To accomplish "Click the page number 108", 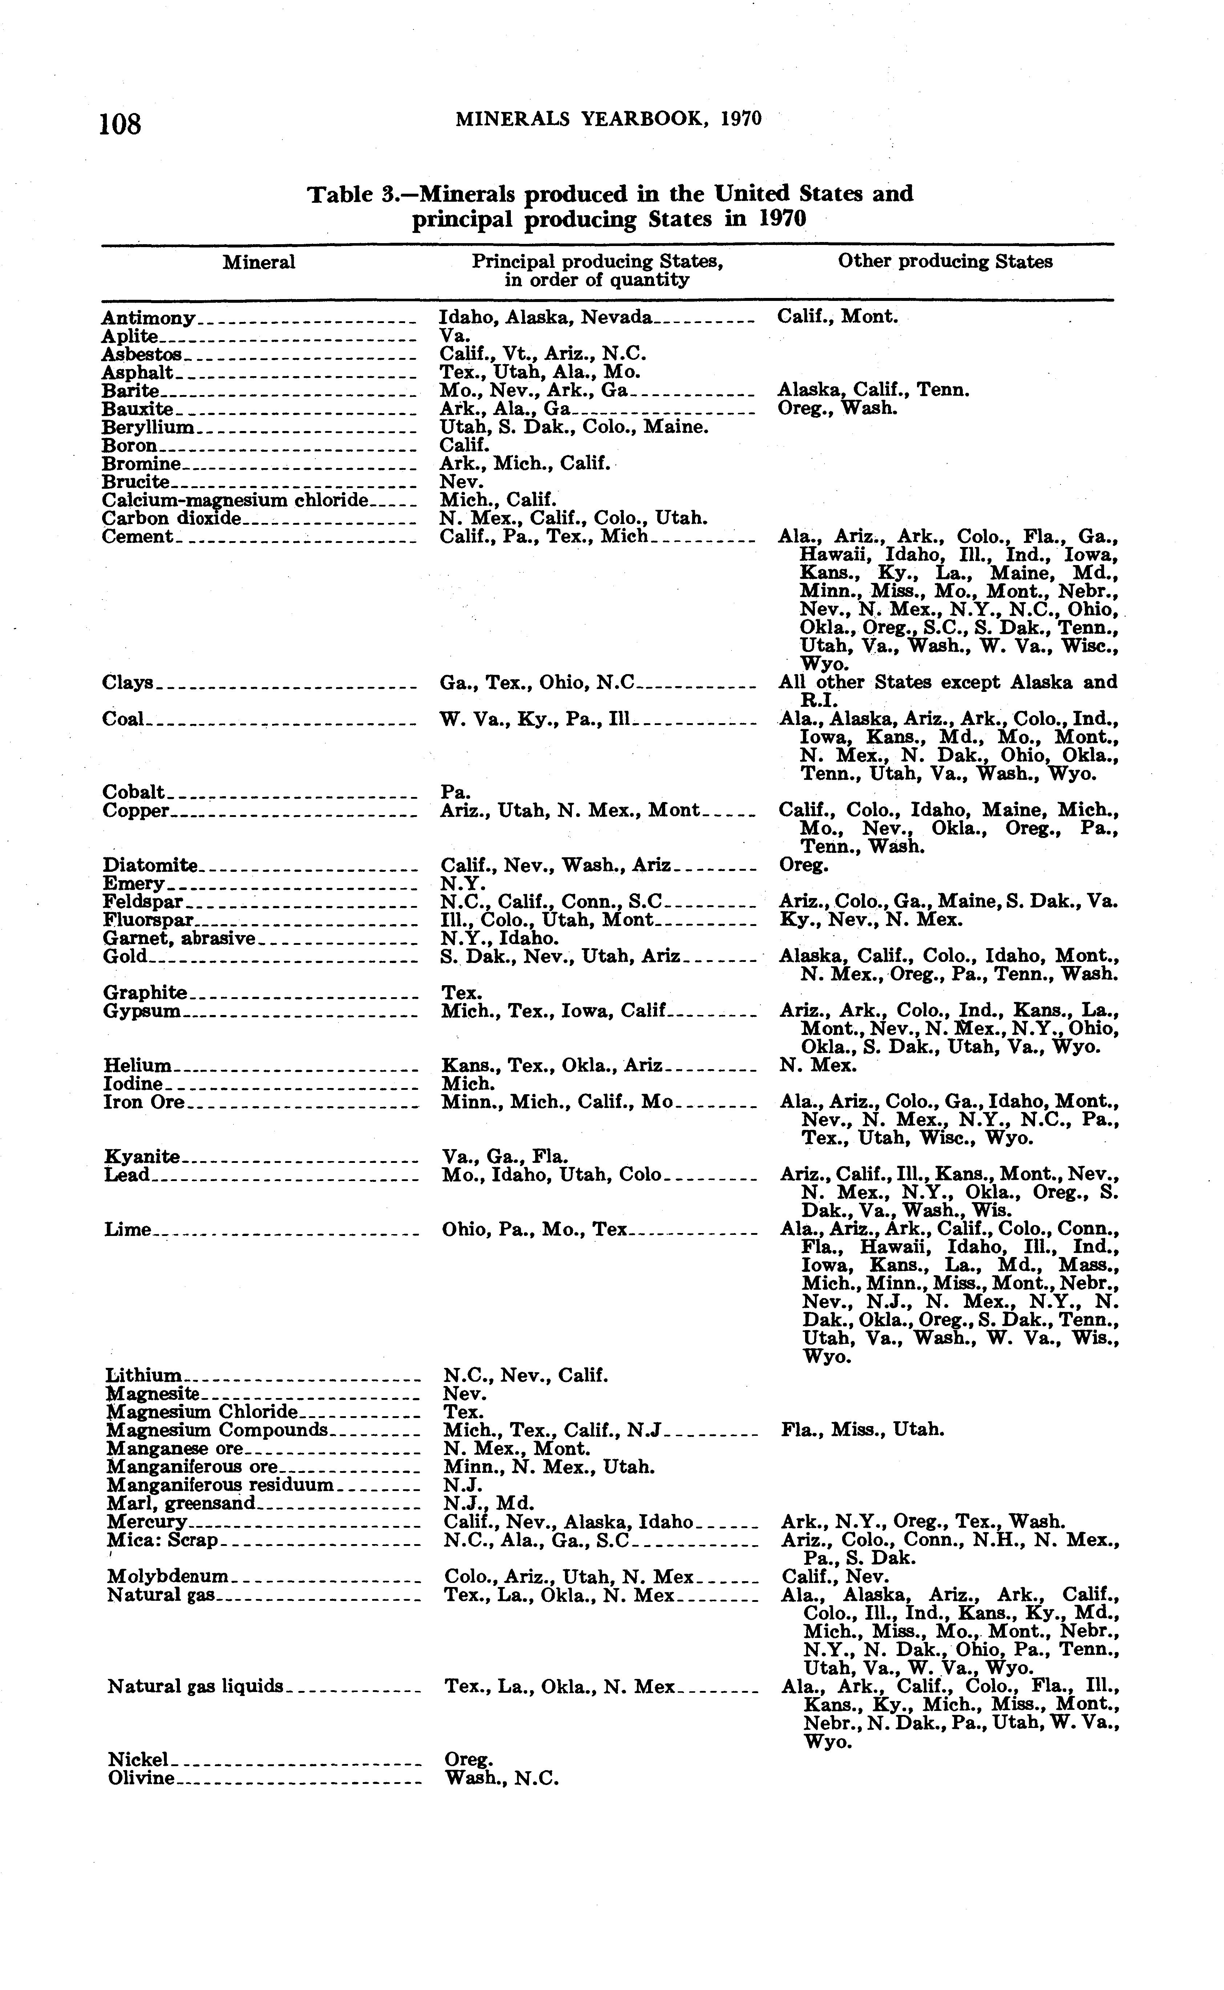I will [x=121, y=124].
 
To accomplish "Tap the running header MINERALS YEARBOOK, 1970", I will [x=609, y=119].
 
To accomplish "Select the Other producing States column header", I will [x=945, y=262].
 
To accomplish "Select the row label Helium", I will [x=138, y=1066].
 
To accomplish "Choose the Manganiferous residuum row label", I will [x=219, y=1485].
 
